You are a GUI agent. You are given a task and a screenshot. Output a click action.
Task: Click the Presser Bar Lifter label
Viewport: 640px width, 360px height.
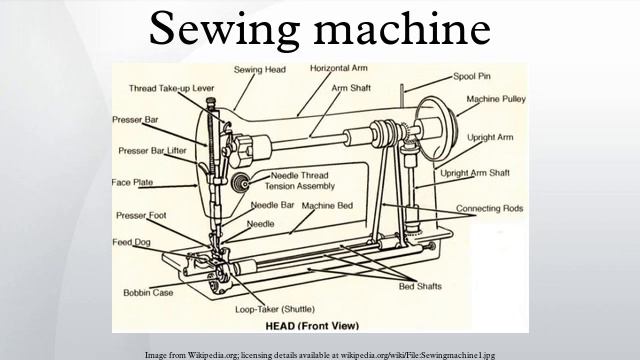(x=152, y=151)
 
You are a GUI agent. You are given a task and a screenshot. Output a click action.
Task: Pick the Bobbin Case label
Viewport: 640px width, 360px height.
(x=148, y=292)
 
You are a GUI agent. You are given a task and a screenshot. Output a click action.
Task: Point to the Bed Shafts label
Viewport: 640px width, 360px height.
(x=420, y=287)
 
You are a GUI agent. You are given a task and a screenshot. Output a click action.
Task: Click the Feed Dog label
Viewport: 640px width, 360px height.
(x=131, y=241)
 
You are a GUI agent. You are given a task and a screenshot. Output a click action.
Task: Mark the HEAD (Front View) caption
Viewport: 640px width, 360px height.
(x=318, y=328)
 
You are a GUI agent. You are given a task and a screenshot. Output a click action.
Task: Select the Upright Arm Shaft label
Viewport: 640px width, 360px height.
(x=476, y=173)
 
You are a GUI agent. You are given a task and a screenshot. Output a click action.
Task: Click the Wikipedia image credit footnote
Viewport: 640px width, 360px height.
(x=319, y=353)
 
